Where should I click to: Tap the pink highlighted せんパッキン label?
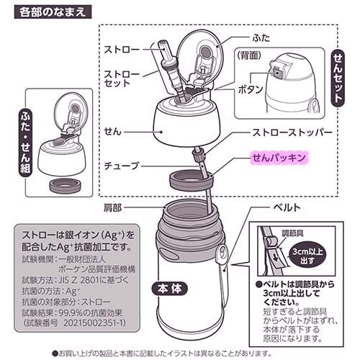coord(280,156)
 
